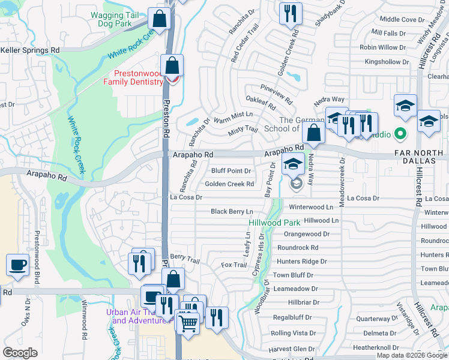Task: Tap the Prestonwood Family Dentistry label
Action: pyautogui.click(x=135, y=78)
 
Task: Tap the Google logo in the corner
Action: pyautogui.click(x=20, y=353)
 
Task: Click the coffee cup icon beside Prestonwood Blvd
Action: pyautogui.click(x=17, y=265)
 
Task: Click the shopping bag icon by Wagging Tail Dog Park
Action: pyautogui.click(x=160, y=19)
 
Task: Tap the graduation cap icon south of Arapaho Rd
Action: pyautogui.click(x=293, y=164)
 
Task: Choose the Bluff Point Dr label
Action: pyautogui.click(x=231, y=171)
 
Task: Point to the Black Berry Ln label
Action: pyautogui.click(x=232, y=212)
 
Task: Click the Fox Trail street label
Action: pyautogui.click(x=234, y=265)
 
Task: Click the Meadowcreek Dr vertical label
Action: pyautogui.click(x=342, y=182)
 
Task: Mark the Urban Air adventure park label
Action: pyautogui.click(x=139, y=316)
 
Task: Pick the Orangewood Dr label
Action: pyautogui.click(x=307, y=234)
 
